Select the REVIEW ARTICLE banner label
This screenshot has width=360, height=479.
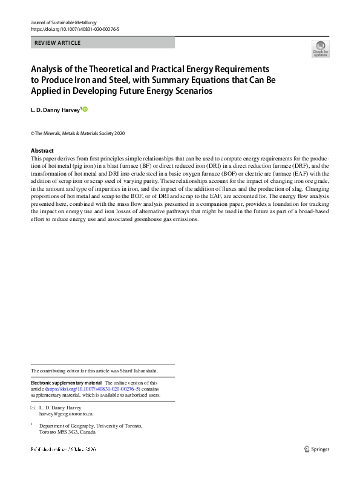click(x=58, y=43)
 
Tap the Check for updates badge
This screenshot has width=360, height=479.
click(x=320, y=48)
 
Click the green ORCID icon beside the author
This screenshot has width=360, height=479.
click(x=85, y=109)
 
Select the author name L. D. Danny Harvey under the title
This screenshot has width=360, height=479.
click(x=55, y=110)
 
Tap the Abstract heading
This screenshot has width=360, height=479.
click(x=42, y=151)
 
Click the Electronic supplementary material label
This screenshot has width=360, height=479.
click(x=66, y=383)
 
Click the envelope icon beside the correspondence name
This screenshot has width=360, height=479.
click(x=33, y=408)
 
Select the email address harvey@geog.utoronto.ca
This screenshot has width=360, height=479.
click(x=66, y=414)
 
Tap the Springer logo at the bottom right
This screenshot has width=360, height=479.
click(x=317, y=449)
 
